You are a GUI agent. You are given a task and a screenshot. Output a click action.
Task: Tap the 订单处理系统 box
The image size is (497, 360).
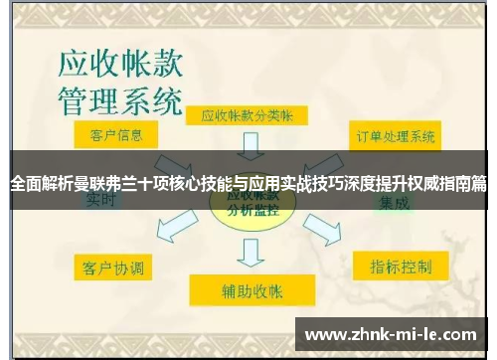click(x=395, y=134)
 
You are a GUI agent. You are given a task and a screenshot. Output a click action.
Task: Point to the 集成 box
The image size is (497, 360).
click(x=394, y=201)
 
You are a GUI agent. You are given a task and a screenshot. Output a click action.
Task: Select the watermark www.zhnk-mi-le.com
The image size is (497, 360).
click(x=392, y=333)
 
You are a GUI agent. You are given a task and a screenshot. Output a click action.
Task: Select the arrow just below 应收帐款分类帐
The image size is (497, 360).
click(x=248, y=146)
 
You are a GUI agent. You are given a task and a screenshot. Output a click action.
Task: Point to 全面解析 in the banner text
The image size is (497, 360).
click(x=40, y=184)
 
